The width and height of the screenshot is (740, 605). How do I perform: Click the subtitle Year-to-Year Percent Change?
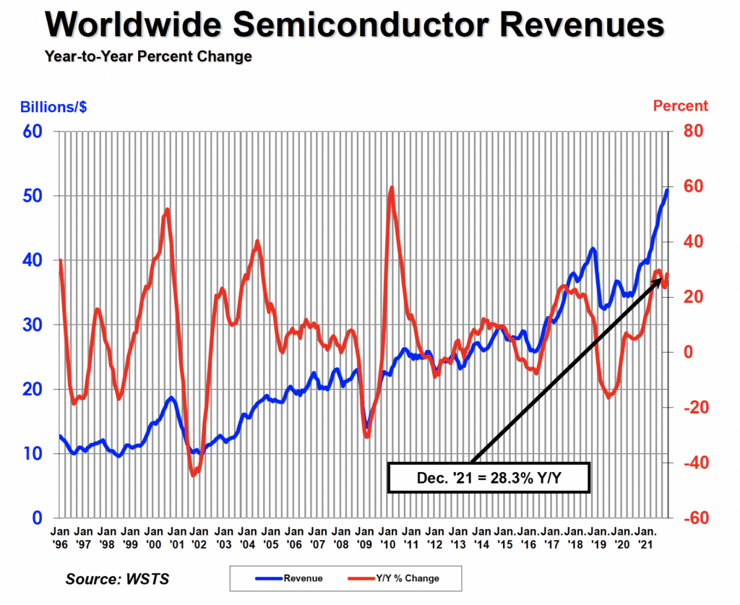pos(147,56)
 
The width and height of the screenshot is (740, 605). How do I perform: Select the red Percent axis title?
pos(681,106)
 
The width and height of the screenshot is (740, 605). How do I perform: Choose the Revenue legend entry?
pos(289,578)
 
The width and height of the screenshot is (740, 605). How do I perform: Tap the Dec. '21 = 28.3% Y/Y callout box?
pos(489,477)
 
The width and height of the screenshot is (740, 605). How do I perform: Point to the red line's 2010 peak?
pos(392,187)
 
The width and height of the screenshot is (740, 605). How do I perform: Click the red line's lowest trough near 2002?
pos(194,475)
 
